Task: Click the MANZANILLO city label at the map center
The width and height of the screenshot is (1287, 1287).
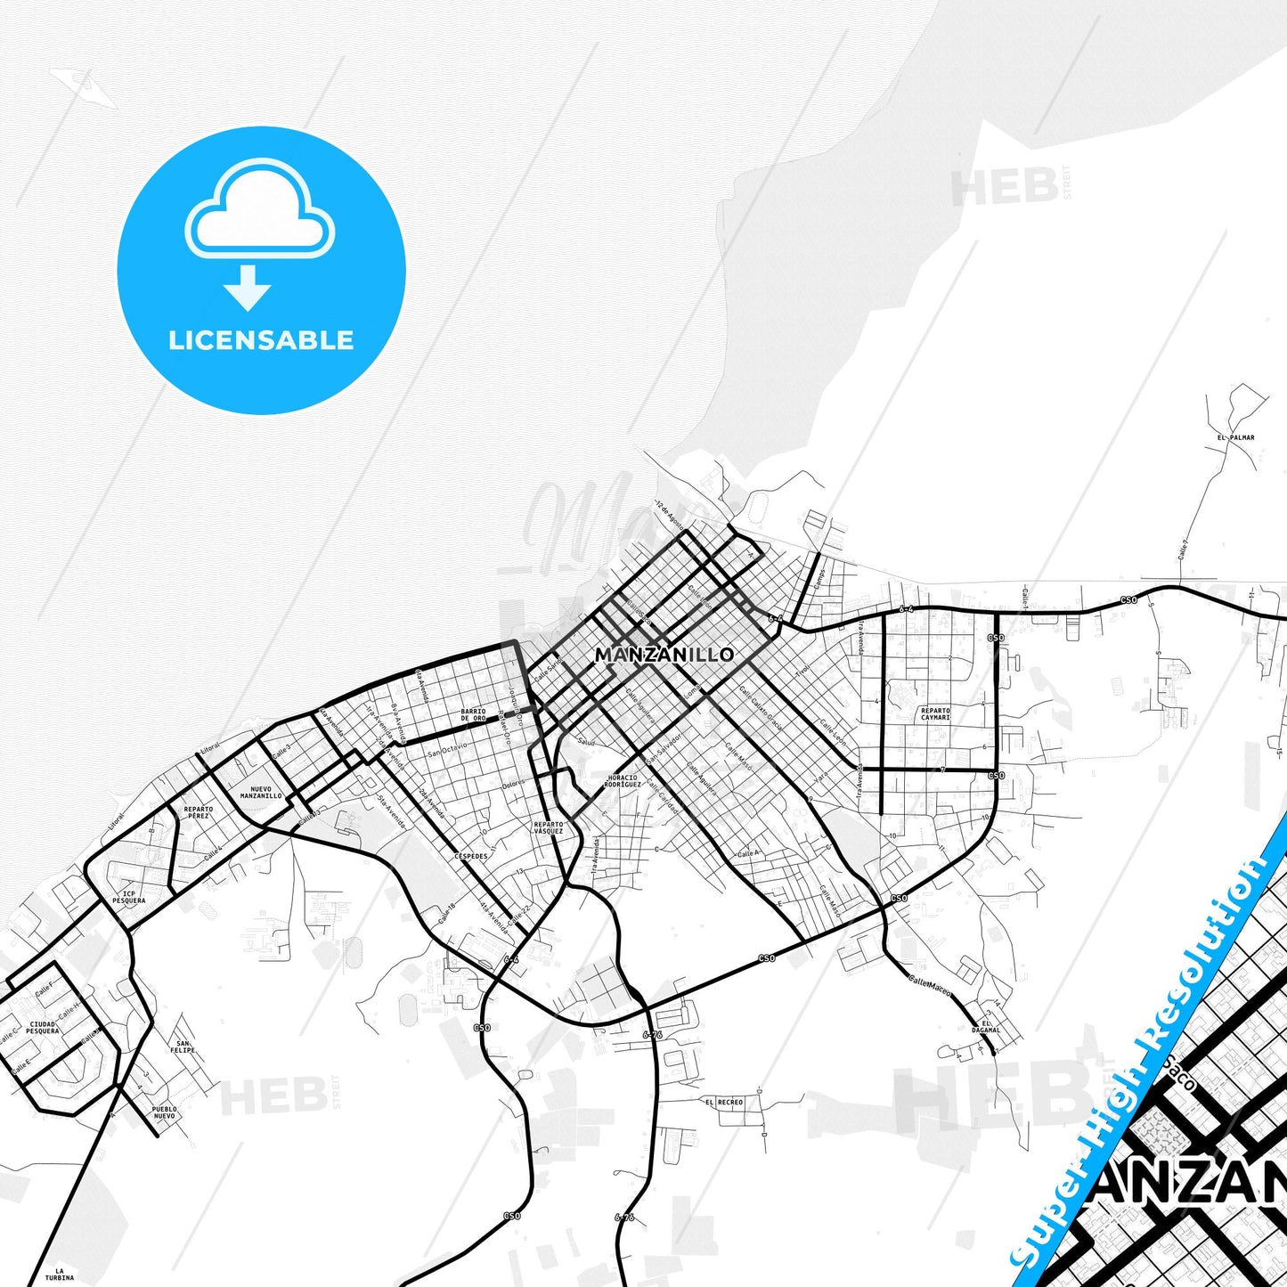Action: [664, 655]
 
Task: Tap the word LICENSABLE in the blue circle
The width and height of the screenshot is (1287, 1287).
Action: [261, 340]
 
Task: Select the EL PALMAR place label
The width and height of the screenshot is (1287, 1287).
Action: [1235, 437]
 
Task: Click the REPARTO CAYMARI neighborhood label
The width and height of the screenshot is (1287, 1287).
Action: [935, 713]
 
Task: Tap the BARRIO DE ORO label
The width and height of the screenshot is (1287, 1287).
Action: [473, 714]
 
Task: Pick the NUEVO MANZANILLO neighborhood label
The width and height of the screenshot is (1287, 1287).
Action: [261, 792]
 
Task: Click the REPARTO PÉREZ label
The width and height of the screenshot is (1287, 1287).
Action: [198, 812]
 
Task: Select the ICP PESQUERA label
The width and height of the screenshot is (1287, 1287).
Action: [129, 897]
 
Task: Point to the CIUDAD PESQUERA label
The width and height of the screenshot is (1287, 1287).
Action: [43, 1028]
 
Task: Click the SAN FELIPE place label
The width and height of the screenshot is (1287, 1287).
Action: [183, 1047]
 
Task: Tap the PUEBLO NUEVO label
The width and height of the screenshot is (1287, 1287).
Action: [164, 1112]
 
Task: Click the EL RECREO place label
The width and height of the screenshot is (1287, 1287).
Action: [723, 1102]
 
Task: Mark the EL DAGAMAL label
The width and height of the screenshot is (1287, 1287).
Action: [986, 1027]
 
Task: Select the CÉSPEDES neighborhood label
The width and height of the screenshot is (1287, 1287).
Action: [471, 856]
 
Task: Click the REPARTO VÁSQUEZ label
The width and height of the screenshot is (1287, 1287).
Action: [549, 827]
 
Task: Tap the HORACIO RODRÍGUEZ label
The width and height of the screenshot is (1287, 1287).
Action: [623, 781]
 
